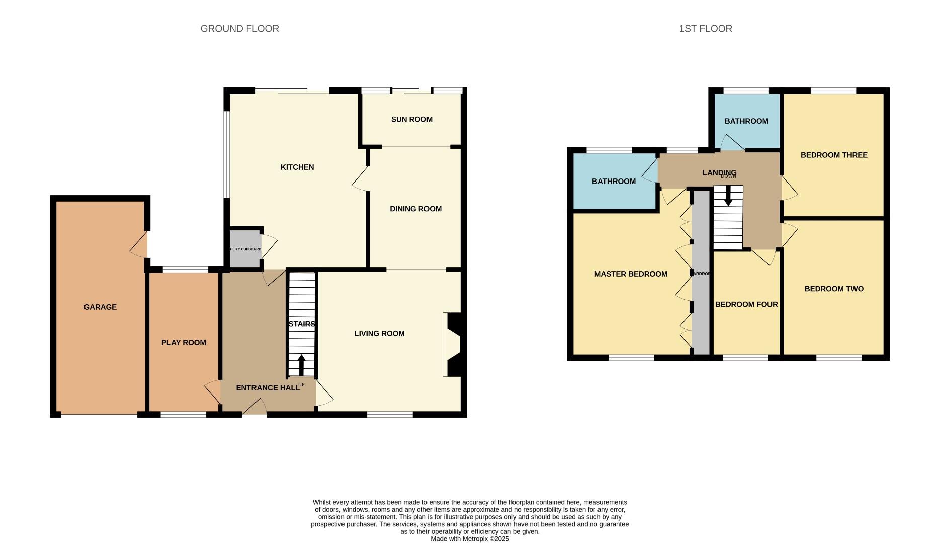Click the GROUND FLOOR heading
pyautogui.click(x=239, y=29)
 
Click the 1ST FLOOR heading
pyautogui.click(x=705, y=29)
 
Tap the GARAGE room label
pyautogui.click(x=100, y=307)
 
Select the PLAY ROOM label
pyautogui.click(x=184, y=343)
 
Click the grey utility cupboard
pyautogui.click(x=245, y=249)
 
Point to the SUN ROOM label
pyautogui.click(x=411, y=119)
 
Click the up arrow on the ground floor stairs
pyautogui.click(x=301, y=365)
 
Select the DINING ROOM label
pyautogui.click(x=415, y=209)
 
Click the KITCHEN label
pyautogui.click(x=297, y=167)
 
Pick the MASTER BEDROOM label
pyautogui.click(x=631, y=274)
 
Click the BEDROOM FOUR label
pyautogui.click(x=746, y=304)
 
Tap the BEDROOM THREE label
pyautogui.click(x=833, y=155)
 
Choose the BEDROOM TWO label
pyautogui.click(x=833, y=289)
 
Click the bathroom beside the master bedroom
pyautogui.click(x=614, y=182)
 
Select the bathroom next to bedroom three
pyautogui.click(x=746, y=121)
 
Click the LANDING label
pyautogui.click(x=719, y=172)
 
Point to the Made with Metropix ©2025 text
pyautogui.click(x=470, y=538)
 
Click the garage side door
pyautogui.click(x=140, y=245)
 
